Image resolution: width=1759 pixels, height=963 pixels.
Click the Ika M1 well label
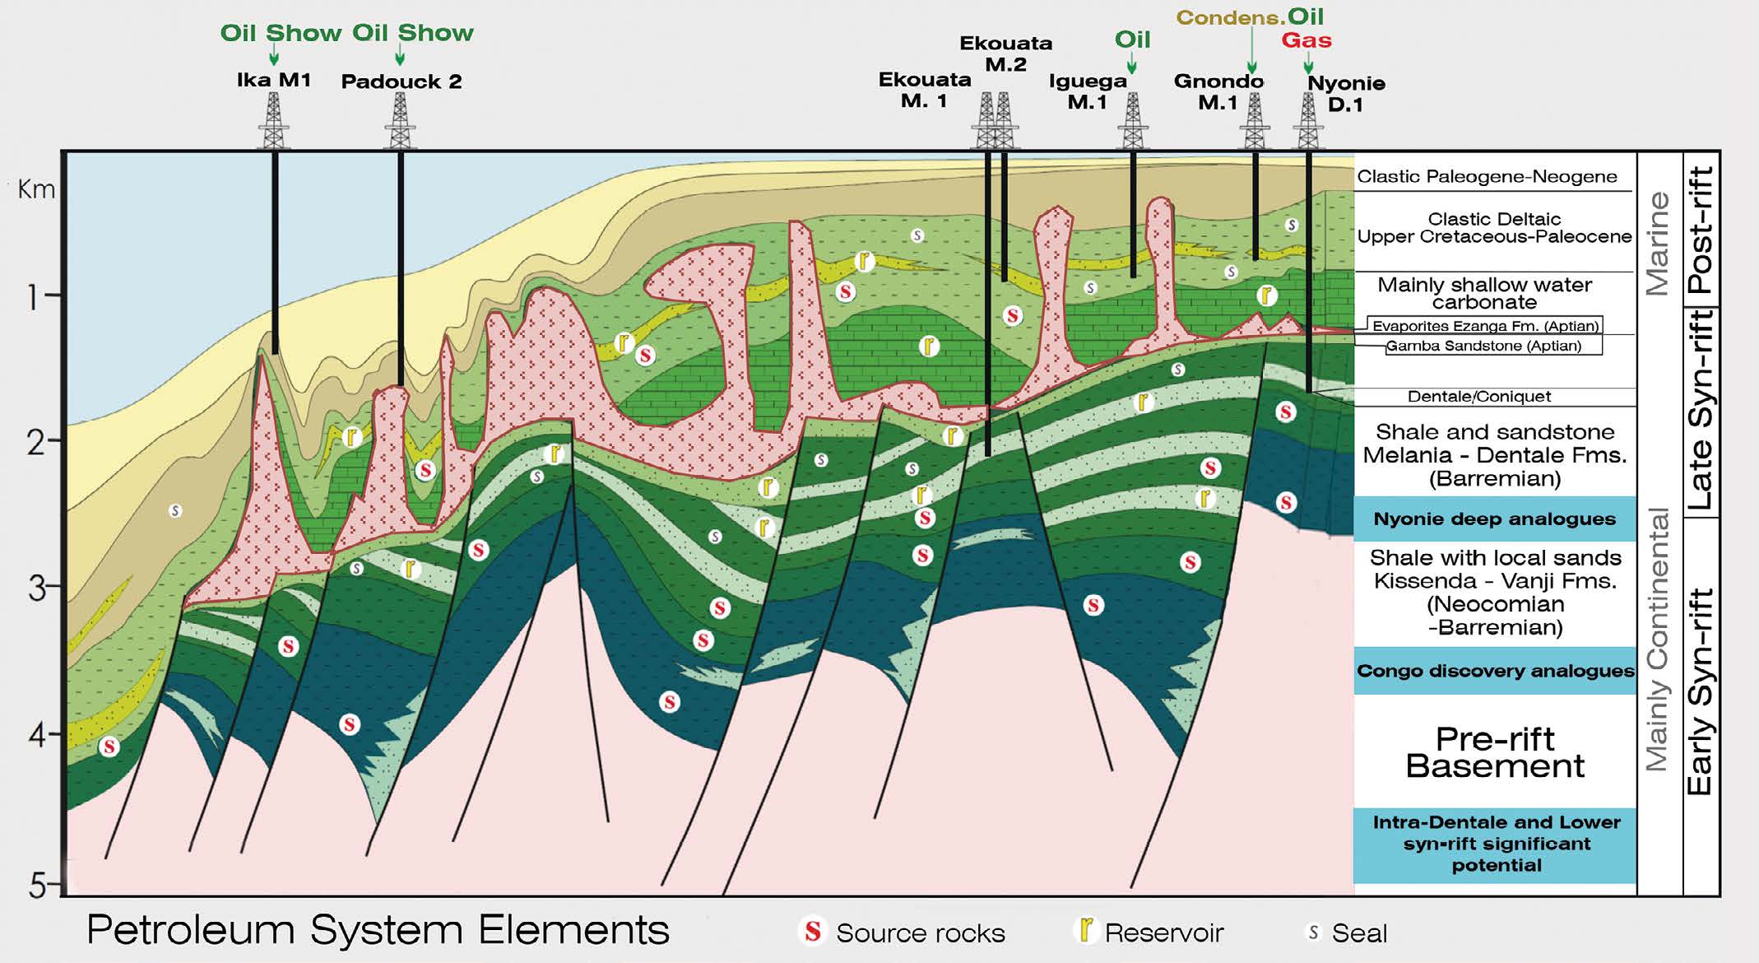(x=273, y=80)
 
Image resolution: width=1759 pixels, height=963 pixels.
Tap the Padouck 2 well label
(x=401, y=81)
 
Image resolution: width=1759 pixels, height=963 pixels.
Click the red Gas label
(x=1306, y=40)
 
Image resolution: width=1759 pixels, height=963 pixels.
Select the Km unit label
(x=36, y=189)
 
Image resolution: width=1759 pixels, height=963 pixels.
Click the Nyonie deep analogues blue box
(x=1494, y=519)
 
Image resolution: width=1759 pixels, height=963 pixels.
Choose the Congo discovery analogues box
(x=1495, y=671)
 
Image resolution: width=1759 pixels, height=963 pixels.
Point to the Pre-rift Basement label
(x=1494, y=752)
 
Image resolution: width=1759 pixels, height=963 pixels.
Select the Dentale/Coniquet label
(x=1478, y=397)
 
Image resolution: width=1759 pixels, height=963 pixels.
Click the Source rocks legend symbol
(x=812, y=932)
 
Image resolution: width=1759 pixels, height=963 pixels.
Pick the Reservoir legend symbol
(x=1087, y=930)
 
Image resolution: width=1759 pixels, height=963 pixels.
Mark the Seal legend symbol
(x=1313, y=933)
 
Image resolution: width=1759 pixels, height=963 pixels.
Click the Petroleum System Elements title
(x=378, y=930)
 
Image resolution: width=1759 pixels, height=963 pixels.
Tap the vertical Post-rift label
(x=1700, y=230)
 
